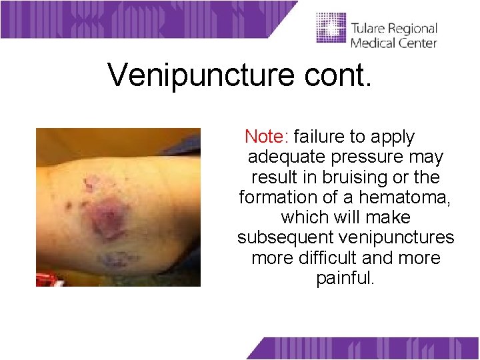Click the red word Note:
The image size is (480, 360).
[266, 137]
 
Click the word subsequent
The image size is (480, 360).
[287, 238]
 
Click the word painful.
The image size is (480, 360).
[346, 278]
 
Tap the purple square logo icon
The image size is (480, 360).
[331, 28]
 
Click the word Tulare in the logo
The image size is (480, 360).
[368, 29]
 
